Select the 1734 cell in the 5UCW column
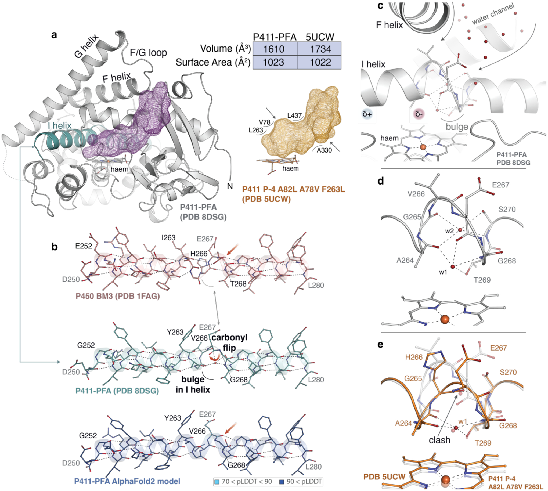(320, 49)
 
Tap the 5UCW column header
(320, 37)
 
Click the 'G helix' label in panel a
(86, 46)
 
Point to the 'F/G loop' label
(148, 53)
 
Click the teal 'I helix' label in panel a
(60, 125)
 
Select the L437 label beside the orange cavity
(294, 116)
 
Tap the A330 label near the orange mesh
(324, 150)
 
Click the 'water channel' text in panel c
(493, 14)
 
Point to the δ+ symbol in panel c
(367, 114)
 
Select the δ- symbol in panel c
(419, 114)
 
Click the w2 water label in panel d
(449, 231)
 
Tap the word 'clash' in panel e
(439, 440)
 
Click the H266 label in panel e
(414, 357)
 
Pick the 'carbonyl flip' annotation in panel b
(229, 343)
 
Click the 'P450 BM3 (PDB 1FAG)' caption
(118, 296)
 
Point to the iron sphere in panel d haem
(445, 320)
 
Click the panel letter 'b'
(55, 247)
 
